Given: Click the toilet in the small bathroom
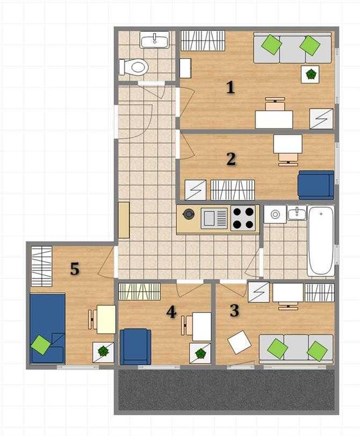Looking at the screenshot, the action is click(133, 67).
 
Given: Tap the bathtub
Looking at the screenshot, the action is click(321, 241).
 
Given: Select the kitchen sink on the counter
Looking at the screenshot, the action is click(215, 218).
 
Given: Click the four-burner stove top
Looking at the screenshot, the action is click(244, 219).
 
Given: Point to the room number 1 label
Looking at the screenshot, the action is click(230, 87).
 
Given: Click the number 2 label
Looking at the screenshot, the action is click(231, 159).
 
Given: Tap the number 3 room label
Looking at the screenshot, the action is click(234, 311).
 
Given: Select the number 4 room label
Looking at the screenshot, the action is click(171, 311).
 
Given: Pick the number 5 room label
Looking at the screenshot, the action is click(75, 269).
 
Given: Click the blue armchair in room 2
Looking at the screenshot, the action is click(316, 185).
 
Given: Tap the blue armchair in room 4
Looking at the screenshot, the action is click(135, 346).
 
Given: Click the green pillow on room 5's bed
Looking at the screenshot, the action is click(41, 345).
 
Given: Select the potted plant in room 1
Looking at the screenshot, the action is click(310, 74).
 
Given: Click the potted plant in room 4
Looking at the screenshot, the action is click(200, 353).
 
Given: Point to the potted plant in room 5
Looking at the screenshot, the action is click(103, 351).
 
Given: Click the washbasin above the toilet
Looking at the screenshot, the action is click(154, 40).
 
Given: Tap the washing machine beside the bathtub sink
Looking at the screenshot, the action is click(275, 214).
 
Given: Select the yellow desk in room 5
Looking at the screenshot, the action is click(106, 319).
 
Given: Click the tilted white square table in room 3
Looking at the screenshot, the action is click(239, 342).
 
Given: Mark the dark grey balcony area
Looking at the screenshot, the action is click(226, 390).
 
